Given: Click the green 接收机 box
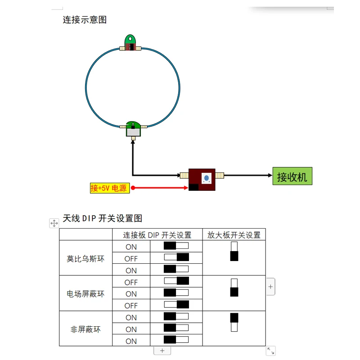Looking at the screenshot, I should tap(292, 176).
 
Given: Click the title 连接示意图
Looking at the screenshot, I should tap(85, 20).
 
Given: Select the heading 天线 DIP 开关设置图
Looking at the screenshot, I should tap(103, 218).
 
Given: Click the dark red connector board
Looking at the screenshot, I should tap(202, 180).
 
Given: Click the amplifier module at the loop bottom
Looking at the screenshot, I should tap(133, 129).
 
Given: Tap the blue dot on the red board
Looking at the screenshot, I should tap(207, 177).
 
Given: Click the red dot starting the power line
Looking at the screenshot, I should tap(133, 188).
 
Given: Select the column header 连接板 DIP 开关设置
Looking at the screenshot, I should tap(157, 235).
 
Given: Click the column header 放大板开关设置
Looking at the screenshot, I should tap(234, 235).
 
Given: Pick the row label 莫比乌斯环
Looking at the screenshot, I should tap(85, 259).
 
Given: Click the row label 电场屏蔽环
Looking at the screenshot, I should tap(85, 294).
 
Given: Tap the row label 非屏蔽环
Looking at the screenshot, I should tap(85, 329).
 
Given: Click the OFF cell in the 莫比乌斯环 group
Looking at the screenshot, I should tap(131, 259).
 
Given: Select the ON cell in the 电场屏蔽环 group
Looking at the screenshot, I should tap(131, 294).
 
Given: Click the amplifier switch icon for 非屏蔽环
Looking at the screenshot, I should tap(234, 322).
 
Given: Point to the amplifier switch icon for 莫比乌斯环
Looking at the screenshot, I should tap(234, 252).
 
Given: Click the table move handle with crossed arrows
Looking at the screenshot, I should tap(54, 223).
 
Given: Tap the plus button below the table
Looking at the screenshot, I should tap(162, 351).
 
